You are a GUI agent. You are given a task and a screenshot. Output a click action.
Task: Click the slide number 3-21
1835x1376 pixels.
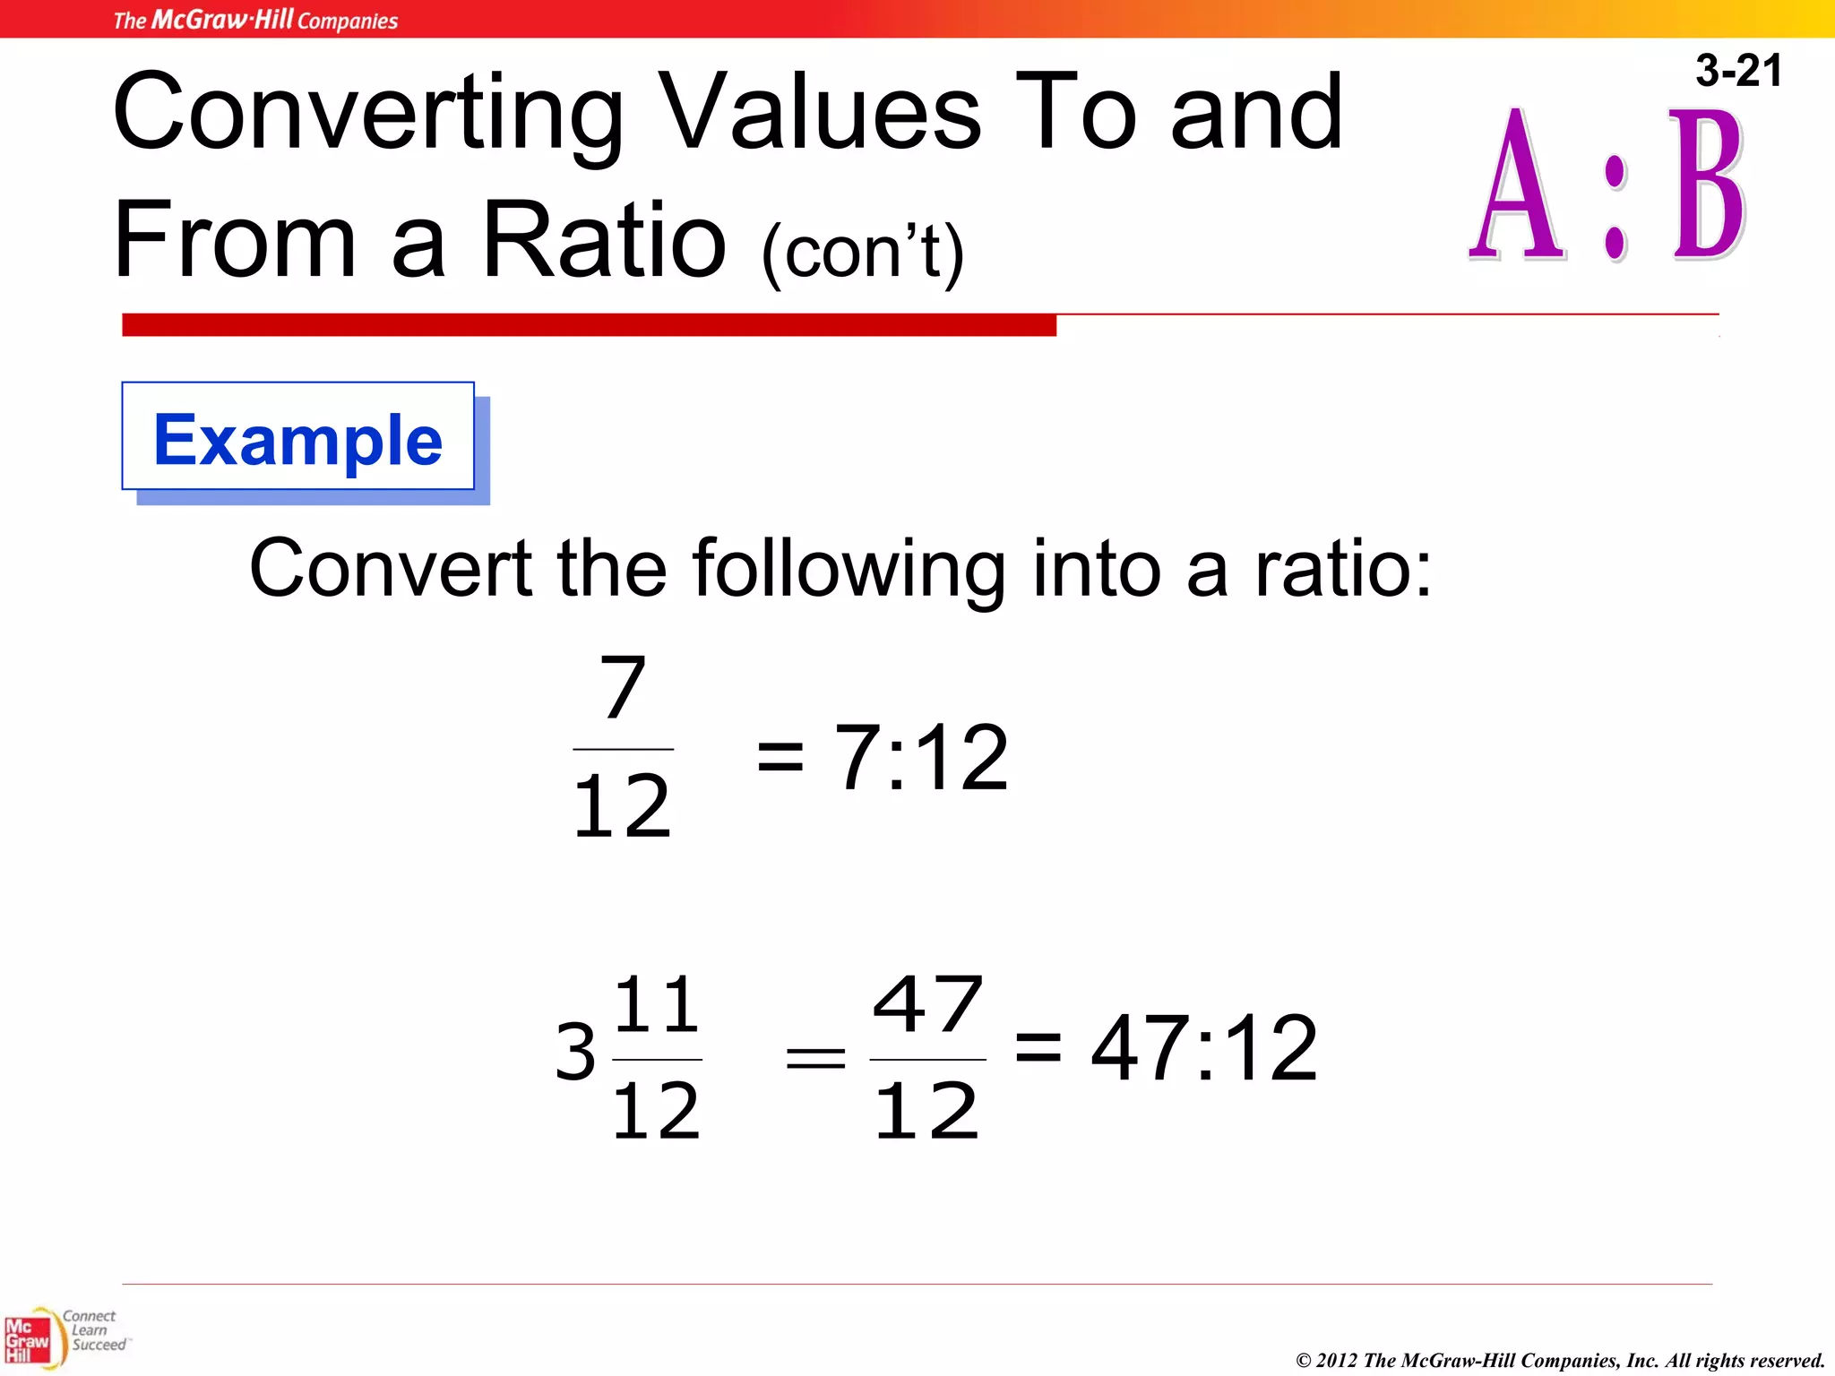1737,71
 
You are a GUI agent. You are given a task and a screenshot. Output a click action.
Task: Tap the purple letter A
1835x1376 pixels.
1516,188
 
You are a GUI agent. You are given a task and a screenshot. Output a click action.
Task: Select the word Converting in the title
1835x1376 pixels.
367,114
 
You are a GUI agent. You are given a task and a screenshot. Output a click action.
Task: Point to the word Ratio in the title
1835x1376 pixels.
604,240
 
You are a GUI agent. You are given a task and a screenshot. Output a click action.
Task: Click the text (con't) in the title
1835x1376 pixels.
862,254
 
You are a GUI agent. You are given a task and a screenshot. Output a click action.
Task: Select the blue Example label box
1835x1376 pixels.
298,439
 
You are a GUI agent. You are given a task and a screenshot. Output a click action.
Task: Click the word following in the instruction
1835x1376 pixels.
849,569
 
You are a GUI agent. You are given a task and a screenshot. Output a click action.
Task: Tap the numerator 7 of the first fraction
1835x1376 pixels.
623,688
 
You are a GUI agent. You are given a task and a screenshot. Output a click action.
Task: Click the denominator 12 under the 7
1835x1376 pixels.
622,806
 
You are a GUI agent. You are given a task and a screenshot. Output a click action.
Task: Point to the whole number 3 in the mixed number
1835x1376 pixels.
574,1050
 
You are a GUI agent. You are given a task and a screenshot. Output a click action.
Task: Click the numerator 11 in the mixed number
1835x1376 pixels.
657,1004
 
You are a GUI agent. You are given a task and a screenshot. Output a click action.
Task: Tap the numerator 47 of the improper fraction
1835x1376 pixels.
927,1004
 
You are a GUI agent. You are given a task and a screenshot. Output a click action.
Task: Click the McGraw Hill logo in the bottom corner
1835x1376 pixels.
29,1340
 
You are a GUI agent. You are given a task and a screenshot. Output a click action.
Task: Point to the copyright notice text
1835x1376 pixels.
1560,1360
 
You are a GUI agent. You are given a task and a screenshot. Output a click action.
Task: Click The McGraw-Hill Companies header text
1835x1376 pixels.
255,20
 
